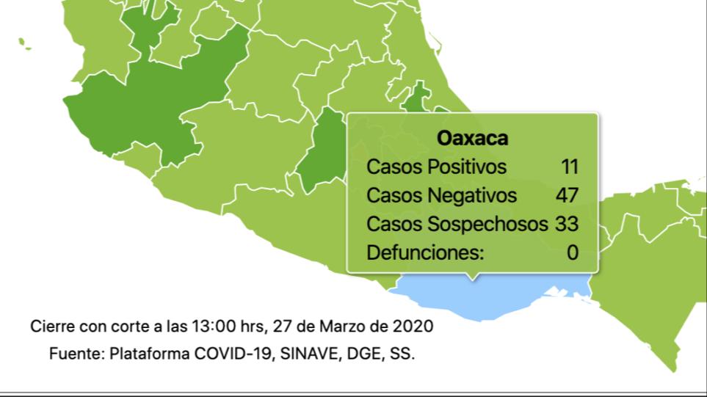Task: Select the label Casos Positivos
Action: tap(436, 167)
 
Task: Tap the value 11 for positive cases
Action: tap(570, 167)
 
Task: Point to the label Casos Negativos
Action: tap(441, 195)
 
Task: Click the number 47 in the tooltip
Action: tap(567, 195)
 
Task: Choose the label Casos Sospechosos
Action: tap(457, 224)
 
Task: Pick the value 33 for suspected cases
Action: tap(567, 224)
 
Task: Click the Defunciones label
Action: tap(425, 252)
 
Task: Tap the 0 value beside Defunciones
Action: tap(573, 252)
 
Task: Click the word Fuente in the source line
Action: tap(76, 353)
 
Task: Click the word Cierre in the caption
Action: tap(51, 325)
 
